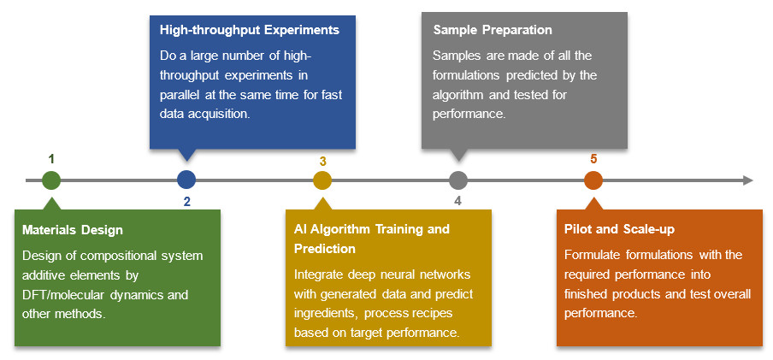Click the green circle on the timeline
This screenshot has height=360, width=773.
[51, 180]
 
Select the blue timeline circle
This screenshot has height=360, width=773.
[186, 180]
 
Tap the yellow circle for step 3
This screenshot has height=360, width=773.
[322, 180]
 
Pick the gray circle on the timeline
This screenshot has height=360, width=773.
[458, 180]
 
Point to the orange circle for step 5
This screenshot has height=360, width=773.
[593, 180]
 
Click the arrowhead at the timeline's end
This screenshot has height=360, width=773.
[748, 180]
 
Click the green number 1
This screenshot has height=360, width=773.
[52, 159]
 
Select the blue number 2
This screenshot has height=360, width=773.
[187, 201]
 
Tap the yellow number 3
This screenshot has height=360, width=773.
[322, 162]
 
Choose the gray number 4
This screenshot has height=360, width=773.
[458, 201]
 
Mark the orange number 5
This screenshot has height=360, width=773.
[593, 159]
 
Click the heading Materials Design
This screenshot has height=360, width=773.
[73, 230]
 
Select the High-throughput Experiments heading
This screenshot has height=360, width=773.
[250, 30]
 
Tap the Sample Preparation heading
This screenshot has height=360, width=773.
[493, 30]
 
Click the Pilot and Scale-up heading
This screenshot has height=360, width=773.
[619, 229]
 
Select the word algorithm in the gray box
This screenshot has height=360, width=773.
[457, 95]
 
